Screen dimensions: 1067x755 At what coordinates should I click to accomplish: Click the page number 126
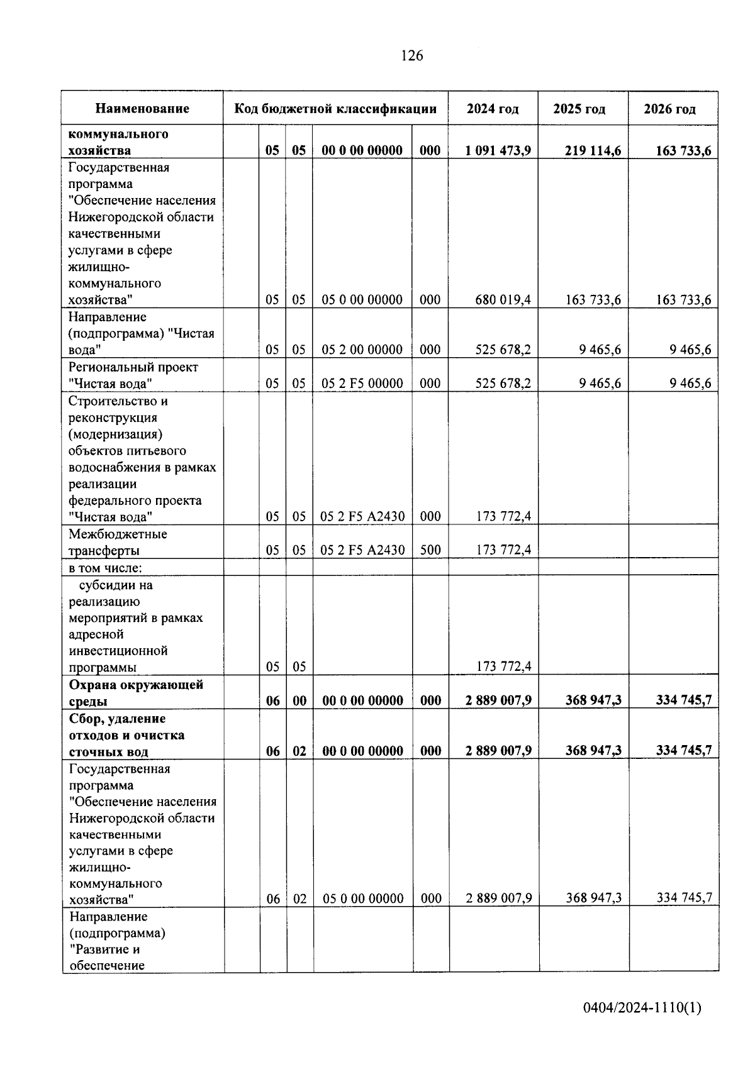click(x=412, y=56)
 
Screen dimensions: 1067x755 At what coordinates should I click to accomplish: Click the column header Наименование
click(x=142, y=109)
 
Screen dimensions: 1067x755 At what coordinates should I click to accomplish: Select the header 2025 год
click(x=579, y=109)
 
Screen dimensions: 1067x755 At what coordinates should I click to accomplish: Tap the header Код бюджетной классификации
click(x=335, y=109)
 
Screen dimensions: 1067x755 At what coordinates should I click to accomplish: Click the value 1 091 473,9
click(x=498, y=150)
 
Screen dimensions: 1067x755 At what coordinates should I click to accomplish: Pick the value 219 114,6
click(x=593, y=150)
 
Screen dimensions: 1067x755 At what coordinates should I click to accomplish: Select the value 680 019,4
click(x=503, y=300)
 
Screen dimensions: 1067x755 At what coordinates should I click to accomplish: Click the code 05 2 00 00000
click(x=362, y=350)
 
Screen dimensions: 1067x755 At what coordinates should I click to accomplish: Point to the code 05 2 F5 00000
click(x=362, y=384)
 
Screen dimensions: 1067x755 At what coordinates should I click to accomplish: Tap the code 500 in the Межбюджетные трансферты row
click(x=430, y=550)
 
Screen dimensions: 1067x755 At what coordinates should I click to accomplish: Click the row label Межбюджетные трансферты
click(x=118, y=542)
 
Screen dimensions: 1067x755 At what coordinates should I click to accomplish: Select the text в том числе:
click(x=106, y=568)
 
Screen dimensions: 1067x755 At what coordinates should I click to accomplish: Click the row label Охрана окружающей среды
click(x=136, y=693)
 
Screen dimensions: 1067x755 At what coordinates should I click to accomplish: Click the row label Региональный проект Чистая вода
click(x=133, y=375)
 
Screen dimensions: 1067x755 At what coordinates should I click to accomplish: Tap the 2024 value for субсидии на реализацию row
click(x=503, y=666)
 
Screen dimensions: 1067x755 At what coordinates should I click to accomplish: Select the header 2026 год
click(x=669, y=109)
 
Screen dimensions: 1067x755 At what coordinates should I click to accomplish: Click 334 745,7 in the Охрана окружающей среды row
click(x=683, y=700)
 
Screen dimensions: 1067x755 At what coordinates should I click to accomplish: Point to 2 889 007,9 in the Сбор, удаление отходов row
click(x=498, y=751)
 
